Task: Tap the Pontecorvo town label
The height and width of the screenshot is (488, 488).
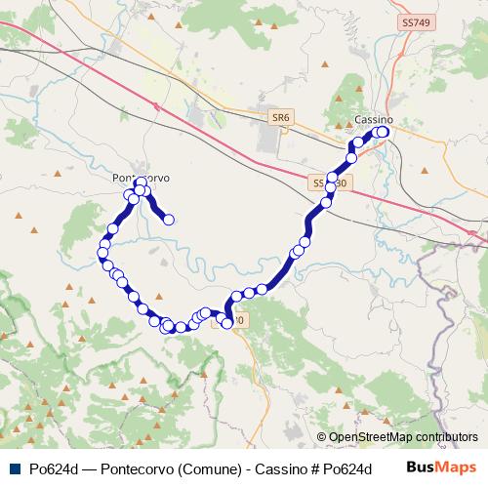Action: coord(142,178)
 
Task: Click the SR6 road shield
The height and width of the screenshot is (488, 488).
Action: coord(281,117)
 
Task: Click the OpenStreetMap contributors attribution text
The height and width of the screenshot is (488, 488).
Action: coord(402,437)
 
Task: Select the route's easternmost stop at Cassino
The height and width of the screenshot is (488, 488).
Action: coord(384,132)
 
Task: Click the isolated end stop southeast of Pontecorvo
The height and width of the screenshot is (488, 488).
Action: coord(169,220)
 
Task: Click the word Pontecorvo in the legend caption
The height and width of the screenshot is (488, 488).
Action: coord(136,468)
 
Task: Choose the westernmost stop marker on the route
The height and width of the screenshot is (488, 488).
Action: coord(102,254)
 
